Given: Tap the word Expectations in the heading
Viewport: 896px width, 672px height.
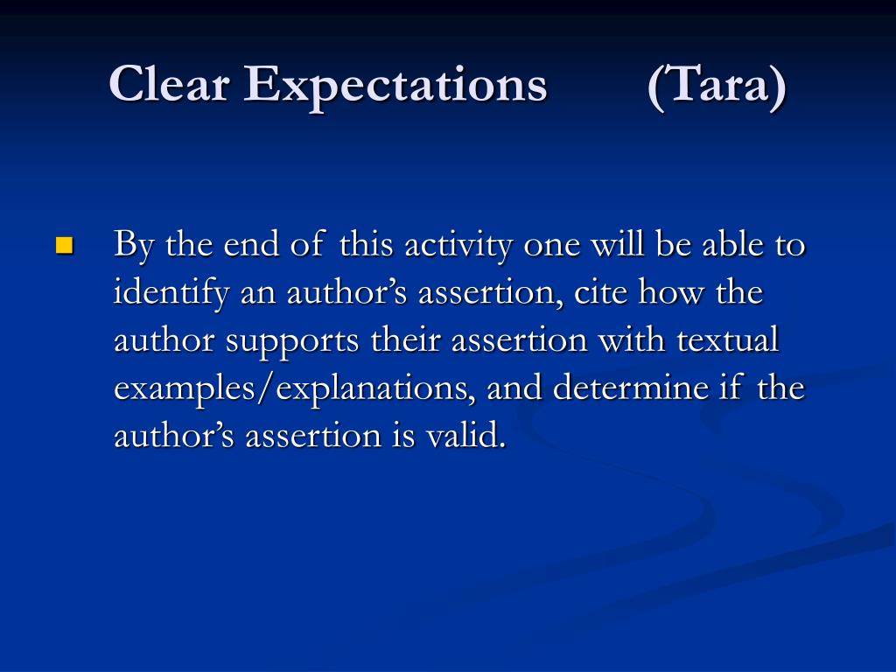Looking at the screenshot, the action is tap(395, 87).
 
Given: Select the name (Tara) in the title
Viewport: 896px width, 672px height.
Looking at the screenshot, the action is tap(717, 86).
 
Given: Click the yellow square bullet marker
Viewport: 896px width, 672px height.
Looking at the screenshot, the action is tap(65, 245).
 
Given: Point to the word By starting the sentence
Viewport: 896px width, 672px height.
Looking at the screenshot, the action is tap(134, 246).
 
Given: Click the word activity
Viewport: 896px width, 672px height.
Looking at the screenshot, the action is tap(458, 246).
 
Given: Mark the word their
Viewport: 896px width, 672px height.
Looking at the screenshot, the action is tap(405, 339).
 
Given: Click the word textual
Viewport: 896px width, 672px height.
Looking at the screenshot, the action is tap(727, 339).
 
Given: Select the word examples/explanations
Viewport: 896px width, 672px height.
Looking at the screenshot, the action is tap(294, 389).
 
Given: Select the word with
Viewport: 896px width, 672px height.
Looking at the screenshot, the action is tap(631, 339).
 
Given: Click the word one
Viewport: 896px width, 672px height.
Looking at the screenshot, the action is tap(552, 247).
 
